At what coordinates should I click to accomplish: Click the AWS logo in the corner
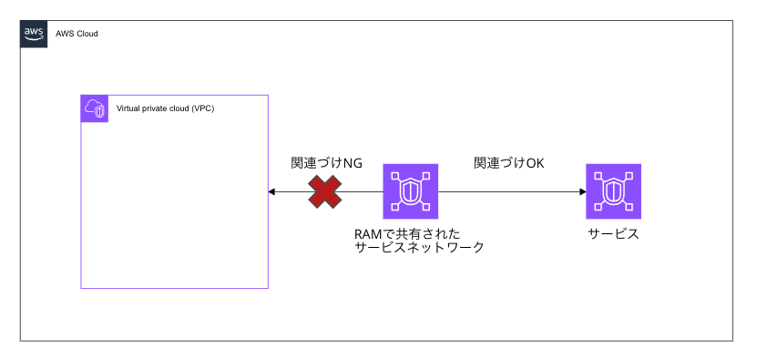(x=34, y=33)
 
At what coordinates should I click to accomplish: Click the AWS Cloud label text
(x=77, y=34)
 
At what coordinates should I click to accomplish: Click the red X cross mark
(x=324, y=191)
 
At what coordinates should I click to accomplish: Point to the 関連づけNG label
(x=326, y=164)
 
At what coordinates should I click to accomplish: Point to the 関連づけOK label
(x=508, y=164)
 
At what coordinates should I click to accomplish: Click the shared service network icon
(x=411, y=191)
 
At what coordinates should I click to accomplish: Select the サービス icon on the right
(x=613, y=191)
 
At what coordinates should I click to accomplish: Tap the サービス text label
(x=613, y=234)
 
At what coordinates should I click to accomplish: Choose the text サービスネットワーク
(x=419, y=248)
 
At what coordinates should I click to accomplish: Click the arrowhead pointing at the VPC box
(x=271, y=191)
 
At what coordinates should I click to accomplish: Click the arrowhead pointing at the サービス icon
(x=581, y=191)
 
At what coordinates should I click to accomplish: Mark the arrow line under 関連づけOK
(x=510, y=191)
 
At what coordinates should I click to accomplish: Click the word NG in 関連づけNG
(x=353, y=164)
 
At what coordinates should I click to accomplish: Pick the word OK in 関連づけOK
(x=534, y=164)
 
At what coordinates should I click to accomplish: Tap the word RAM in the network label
(x=368, y=234)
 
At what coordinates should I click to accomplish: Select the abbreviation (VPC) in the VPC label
(x=210, y=108)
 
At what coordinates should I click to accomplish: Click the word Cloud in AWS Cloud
(x=86, y=34)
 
